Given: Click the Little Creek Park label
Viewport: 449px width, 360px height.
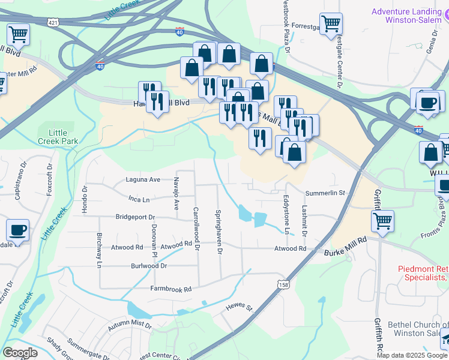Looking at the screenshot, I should pyautogui.click(x=58, y=137).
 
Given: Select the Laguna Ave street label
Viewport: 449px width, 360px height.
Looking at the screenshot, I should pyautogui.click(x=143, y=179).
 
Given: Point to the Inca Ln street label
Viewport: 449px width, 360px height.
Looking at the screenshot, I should pyautogui.click(x=138, y=198).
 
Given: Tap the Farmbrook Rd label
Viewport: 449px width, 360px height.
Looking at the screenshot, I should pyautogui.click(x=170, y=289).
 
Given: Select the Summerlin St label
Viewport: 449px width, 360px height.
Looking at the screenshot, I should pyautogui.click(x=325, y=193).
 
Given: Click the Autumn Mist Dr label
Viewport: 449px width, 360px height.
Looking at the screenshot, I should pyautogui.click(x=130, y=326).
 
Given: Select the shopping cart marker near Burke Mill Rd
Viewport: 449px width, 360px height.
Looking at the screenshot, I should pyautogui.click(x=382, y=221).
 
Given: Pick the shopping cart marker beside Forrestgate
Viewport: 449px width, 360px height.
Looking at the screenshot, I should pyautogui.click(x=331, y=23).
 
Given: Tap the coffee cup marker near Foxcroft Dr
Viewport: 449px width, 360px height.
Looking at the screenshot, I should pyautogui.click(x=17, y=229).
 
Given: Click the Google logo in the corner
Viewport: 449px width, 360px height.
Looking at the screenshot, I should pyautogui.click(x=20, y=352).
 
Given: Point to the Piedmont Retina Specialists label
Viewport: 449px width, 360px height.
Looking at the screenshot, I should pyautogui.click(x=423, y=273).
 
